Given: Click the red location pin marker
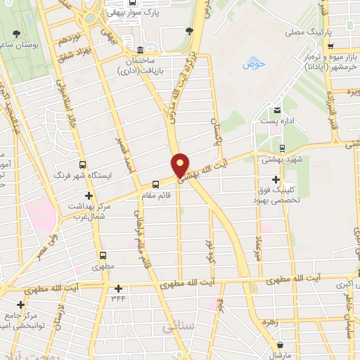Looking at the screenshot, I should [181, 165].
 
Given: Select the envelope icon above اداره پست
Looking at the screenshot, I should [277, 110].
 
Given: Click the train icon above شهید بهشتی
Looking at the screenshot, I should [281, 148].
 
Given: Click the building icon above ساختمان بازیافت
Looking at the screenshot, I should [140, 51].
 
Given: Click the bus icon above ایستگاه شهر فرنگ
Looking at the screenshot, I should [83, 163].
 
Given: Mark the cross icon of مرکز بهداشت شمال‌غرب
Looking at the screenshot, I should [89, 195].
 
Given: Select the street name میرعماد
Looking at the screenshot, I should [258, 249].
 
